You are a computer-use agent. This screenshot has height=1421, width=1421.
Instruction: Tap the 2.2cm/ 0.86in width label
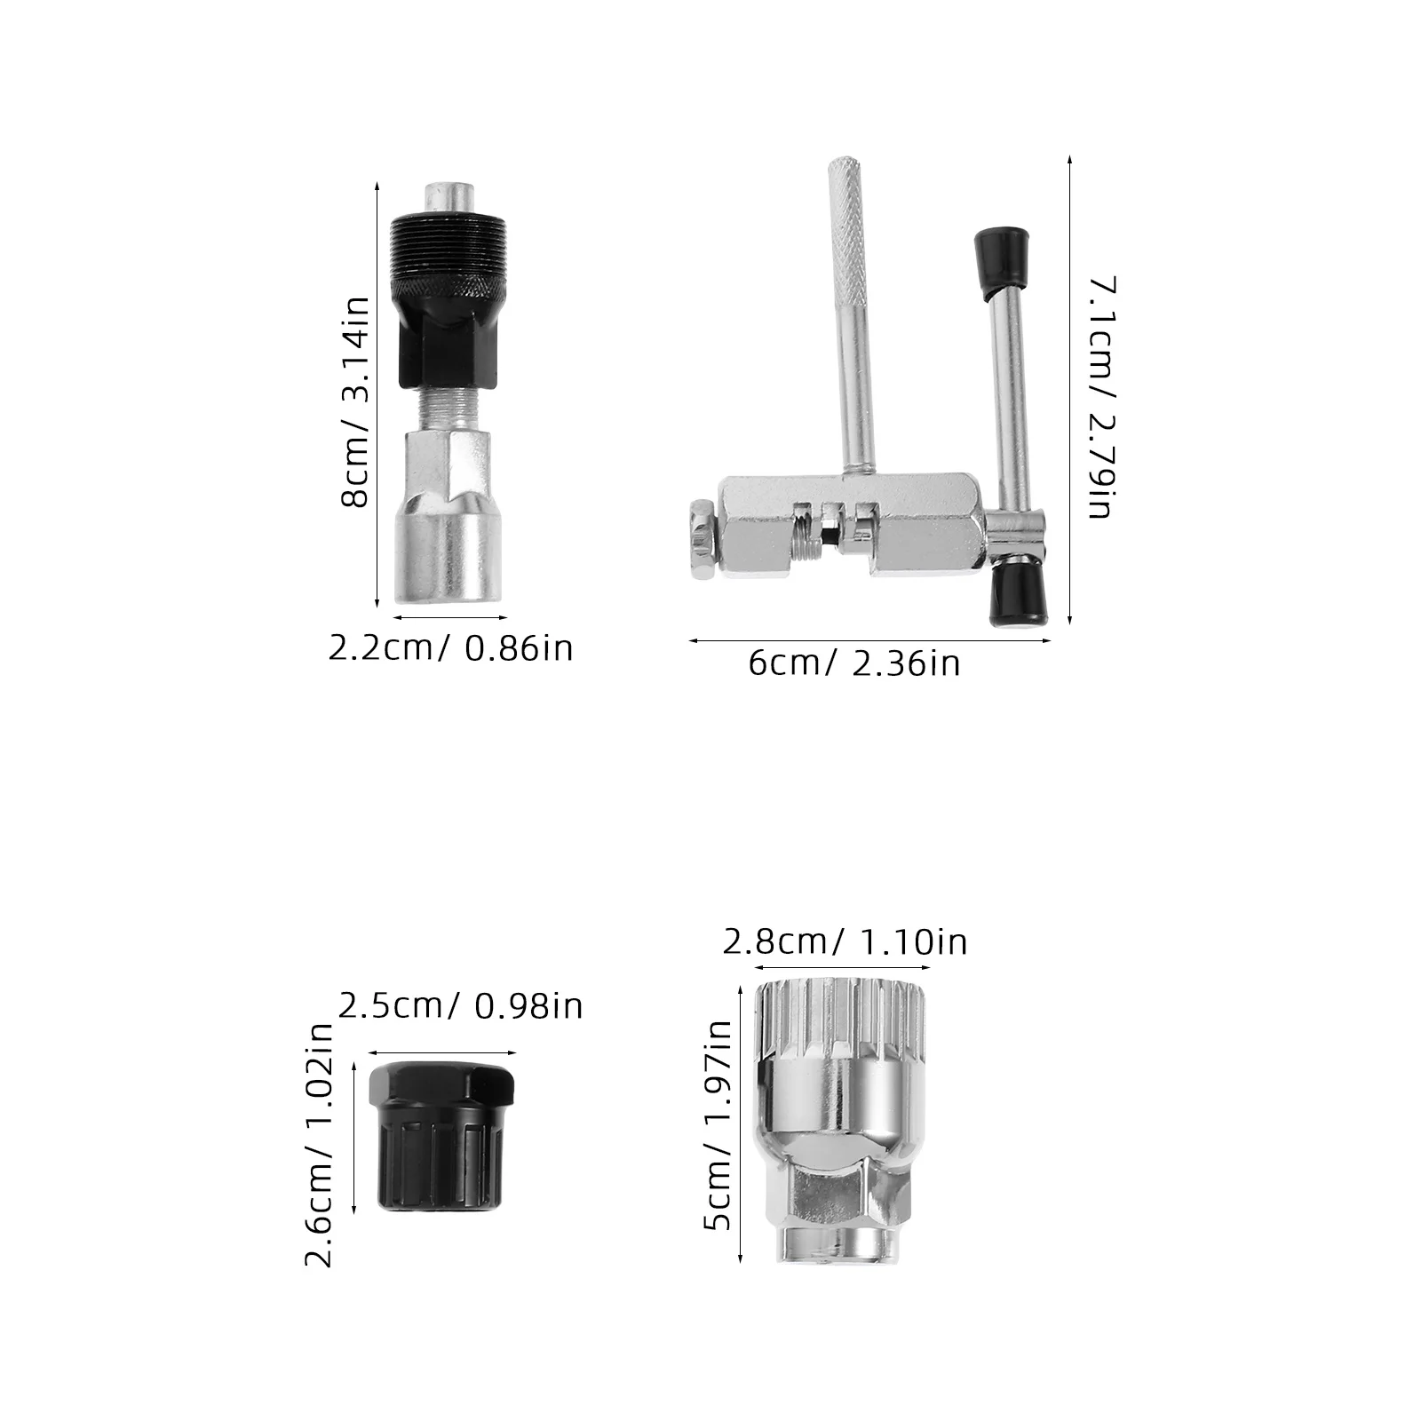450,647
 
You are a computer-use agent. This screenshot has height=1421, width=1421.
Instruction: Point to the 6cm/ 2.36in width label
854,663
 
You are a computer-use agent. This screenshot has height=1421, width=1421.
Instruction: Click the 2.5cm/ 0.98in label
460,1005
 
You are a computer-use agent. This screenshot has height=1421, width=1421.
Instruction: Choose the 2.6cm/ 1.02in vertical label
318,1145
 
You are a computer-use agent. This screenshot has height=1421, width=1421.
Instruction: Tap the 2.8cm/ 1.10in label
845,941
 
